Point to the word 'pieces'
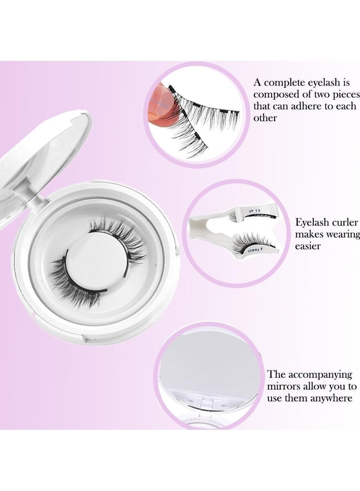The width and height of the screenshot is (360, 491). click(x=345, y=95)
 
